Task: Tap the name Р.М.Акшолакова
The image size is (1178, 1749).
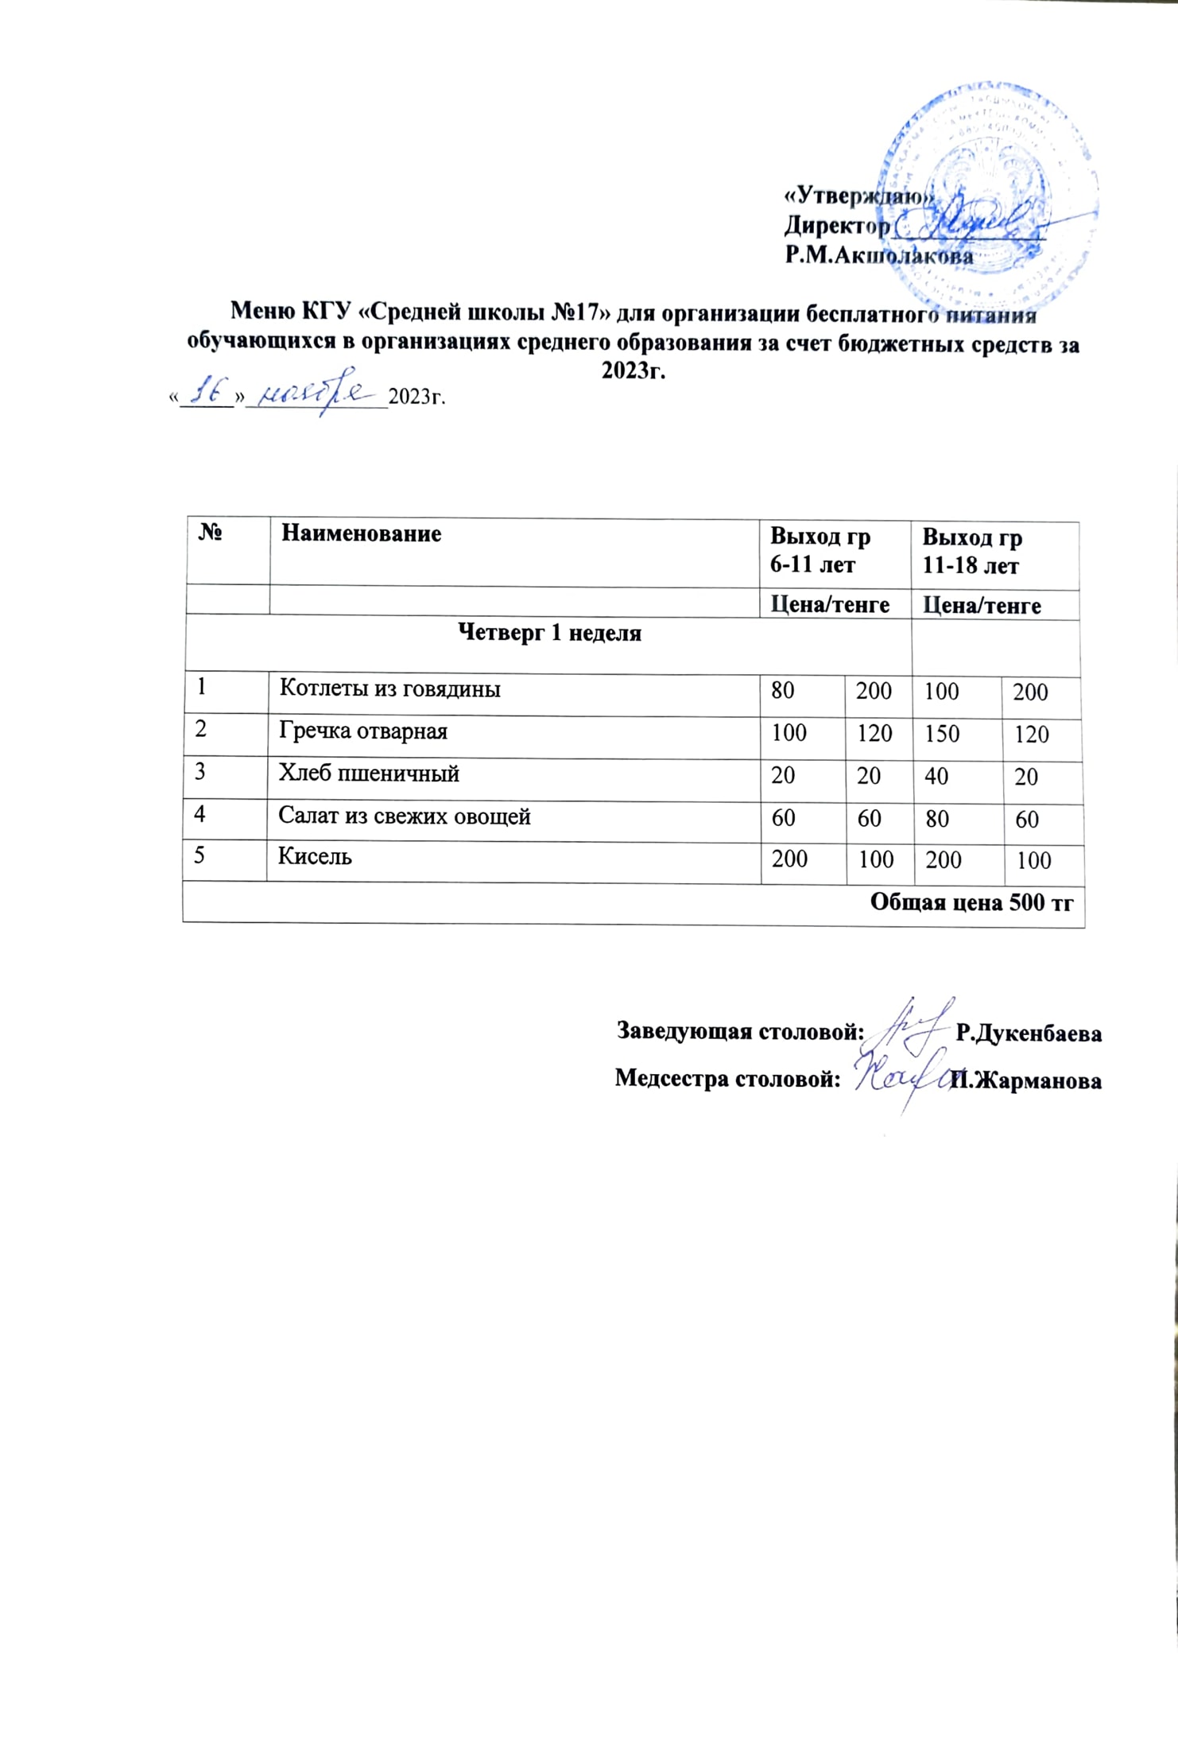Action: click(878, 256)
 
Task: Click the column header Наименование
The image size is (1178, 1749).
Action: click(361, 533)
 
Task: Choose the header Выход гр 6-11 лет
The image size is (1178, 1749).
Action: click(820, 550)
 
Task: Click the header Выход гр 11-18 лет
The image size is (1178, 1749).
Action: click(971, 552)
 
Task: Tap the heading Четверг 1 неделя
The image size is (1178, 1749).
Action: click(550, 633)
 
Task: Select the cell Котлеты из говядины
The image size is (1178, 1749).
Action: click(389, 688)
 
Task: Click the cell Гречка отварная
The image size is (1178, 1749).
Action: click(362, 731)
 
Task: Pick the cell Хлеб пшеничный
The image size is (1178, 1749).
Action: click(369, 774)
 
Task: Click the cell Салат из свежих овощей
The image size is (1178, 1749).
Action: click(404, 816)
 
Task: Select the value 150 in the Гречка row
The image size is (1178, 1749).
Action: click(942, 733)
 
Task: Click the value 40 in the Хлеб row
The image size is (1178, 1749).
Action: click(936, 776)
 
